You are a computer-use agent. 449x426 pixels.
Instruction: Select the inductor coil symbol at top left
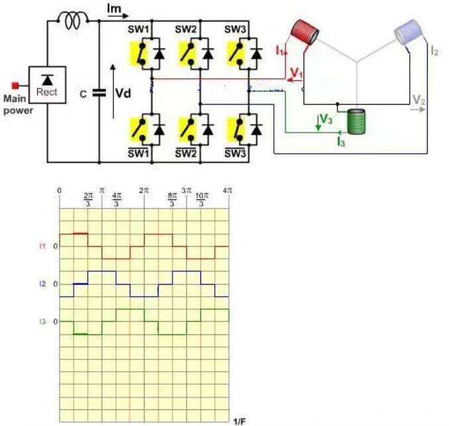73,22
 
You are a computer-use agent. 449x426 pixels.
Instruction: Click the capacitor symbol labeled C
99,94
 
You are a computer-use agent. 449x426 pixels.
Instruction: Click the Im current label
115,8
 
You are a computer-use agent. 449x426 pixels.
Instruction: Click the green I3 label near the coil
341,142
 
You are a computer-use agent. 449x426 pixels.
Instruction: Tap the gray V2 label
418,100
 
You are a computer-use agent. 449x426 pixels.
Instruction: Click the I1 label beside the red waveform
42,246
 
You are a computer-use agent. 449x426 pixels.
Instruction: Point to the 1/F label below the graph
239,421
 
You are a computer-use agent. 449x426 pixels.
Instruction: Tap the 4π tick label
227,190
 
